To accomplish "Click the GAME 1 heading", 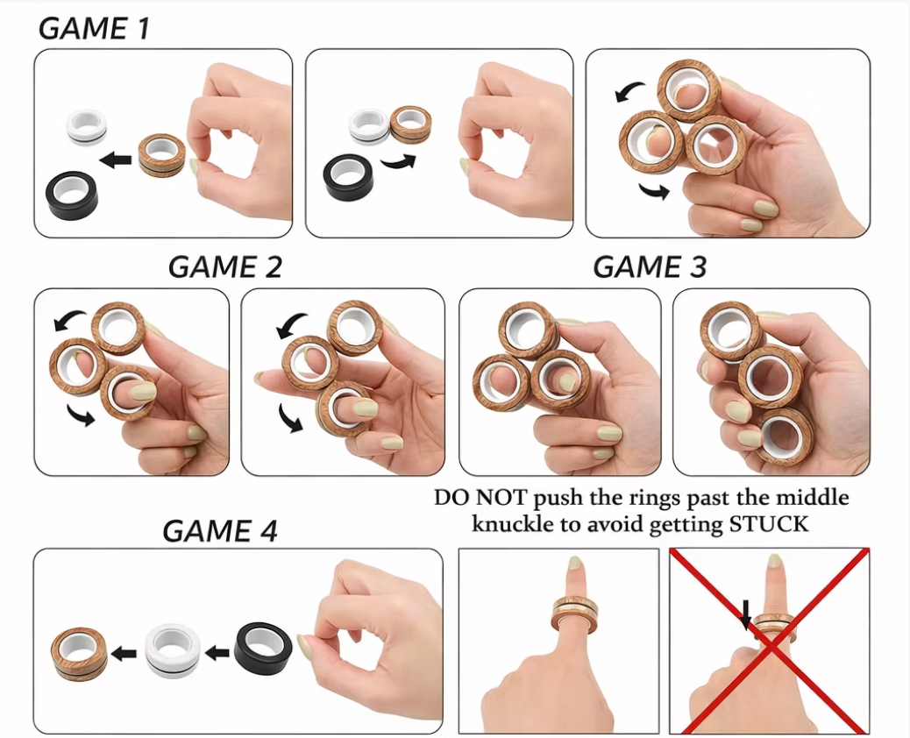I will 94,28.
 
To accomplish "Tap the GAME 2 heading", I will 225,266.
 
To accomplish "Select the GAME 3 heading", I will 650,266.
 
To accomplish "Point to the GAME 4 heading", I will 219,530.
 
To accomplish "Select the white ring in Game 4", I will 173,651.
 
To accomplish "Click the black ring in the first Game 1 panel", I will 72,194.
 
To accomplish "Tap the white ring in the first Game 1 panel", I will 86,127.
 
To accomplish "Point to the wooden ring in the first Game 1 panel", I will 162,156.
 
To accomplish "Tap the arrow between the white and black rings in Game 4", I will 217,652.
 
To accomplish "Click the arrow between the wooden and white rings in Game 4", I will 125,653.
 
